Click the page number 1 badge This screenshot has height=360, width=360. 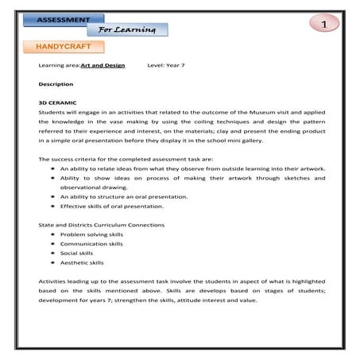[323, 25]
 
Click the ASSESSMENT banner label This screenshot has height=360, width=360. [69, 17]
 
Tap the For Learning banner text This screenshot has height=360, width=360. [128, 30]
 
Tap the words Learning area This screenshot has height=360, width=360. [59, 67]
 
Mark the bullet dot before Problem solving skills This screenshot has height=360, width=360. [52, 235]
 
